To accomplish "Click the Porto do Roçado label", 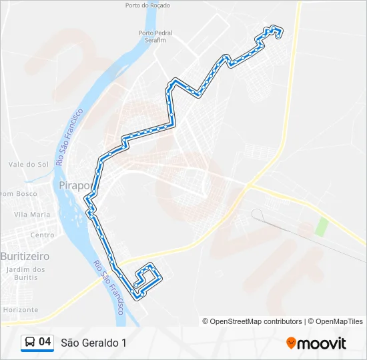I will (147, 5).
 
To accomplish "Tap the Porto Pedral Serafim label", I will (155, 36).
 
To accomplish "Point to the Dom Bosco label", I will (18, 194).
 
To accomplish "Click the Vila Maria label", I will (32, 215).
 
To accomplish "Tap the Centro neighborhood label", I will (42, 235).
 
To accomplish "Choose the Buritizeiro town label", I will (25, 256).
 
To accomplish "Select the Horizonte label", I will (20, 310).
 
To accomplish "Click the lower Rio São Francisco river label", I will (110, 287).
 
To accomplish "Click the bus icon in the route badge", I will (30, 343).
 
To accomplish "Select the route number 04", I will (45, 342).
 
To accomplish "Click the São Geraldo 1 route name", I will (93, 343).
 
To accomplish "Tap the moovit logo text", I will (322, 343).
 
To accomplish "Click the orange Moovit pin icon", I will (291, 343).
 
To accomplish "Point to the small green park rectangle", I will (322, 226).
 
